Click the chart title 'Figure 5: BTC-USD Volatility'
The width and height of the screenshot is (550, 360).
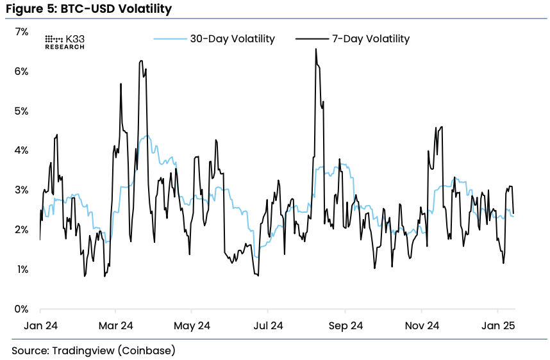[x=88, y=8]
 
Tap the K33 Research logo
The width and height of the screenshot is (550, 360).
[x=65, y=42]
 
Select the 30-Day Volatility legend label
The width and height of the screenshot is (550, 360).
[x=233, y=38]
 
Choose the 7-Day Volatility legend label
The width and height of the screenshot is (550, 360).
[x=371, y=38]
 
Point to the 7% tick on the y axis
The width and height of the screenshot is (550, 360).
[x=21, y=32]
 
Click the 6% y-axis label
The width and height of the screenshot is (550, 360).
[x=21, y=72]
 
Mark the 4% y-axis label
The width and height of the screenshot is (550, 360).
[x=21, y=151]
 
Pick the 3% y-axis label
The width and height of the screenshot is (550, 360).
[x=21, y=190]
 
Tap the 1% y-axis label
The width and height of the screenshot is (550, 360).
[x=22, y=270]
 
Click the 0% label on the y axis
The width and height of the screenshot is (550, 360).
[x=21, y=309]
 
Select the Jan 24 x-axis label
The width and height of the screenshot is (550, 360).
[x=40, y=325]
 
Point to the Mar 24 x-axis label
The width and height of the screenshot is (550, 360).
[x=116, y=325]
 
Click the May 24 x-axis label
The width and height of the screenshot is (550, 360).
[x=192, y=326]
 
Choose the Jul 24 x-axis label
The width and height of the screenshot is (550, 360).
[x=269, y=325]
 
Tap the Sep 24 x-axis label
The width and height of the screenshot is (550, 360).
[x=346, y=326]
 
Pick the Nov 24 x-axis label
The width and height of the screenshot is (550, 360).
[x=422, y=325]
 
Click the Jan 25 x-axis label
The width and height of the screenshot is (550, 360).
[x=498, y=325]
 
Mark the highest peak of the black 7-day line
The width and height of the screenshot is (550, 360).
[x=316, y=49]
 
